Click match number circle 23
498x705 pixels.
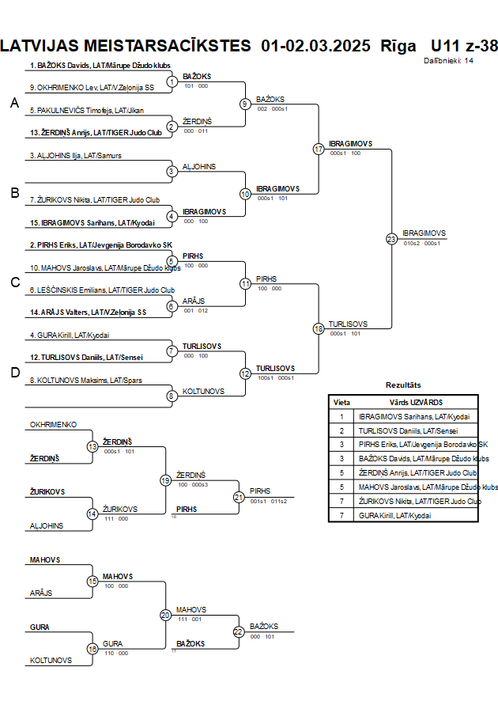391,238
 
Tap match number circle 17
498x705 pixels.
319,149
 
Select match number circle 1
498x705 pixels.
172,81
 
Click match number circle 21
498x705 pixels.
239,497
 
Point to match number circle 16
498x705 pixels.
92,649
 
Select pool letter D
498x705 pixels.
13,372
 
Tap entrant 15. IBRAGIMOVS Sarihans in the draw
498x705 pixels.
92,222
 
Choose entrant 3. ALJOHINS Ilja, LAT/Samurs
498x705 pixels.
76,156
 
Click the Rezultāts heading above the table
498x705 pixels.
403,385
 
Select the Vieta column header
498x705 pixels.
342,402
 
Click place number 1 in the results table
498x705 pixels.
342,416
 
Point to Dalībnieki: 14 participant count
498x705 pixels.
449,60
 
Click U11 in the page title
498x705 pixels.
445,45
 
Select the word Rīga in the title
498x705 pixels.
398,45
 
